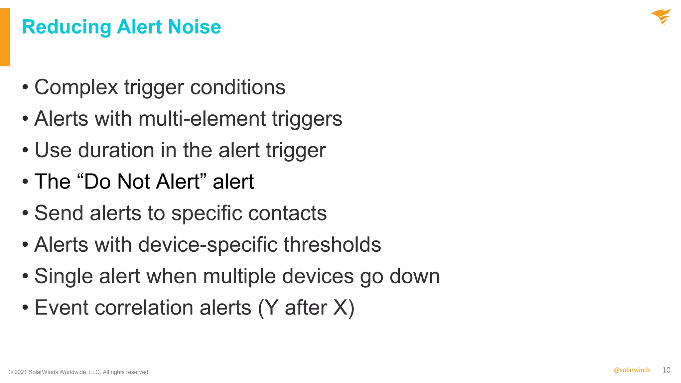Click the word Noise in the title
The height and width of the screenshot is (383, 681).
click(x=195, y=27)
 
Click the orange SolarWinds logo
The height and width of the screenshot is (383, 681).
click(x=661, y=17)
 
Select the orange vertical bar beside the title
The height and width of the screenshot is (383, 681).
click(x=5, y=37)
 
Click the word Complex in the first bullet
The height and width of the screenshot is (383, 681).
click(x=76, y=87)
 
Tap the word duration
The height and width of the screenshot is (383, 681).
click(x=116, y=150)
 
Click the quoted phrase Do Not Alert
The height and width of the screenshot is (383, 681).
click(x=142, y=182)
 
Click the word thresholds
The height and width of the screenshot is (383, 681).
click(x=332, y=245)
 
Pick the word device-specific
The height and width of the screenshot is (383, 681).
click(x=208, y=245)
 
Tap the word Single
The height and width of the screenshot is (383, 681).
click(x=64, y=277)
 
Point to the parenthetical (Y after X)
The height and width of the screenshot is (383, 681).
click(x=306, y=308)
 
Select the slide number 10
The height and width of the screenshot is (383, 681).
click(x=666, y=370)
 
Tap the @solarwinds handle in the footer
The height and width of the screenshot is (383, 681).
click(x=632, y=370)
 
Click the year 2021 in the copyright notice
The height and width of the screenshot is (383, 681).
click(x=21, y=372)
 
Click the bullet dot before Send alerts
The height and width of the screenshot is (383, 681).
click(x=25, y=213)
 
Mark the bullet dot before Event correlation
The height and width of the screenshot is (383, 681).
click(x=25, y=308)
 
